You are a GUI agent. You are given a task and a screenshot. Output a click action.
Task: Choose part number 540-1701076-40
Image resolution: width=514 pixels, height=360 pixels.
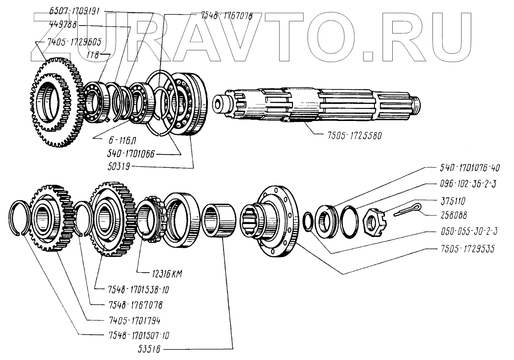pos(469,168)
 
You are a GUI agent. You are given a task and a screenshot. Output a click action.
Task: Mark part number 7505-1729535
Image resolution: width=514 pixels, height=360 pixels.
pos(465,249)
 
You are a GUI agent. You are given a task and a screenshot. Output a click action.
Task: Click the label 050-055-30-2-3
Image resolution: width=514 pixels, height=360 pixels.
pos(468,231)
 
